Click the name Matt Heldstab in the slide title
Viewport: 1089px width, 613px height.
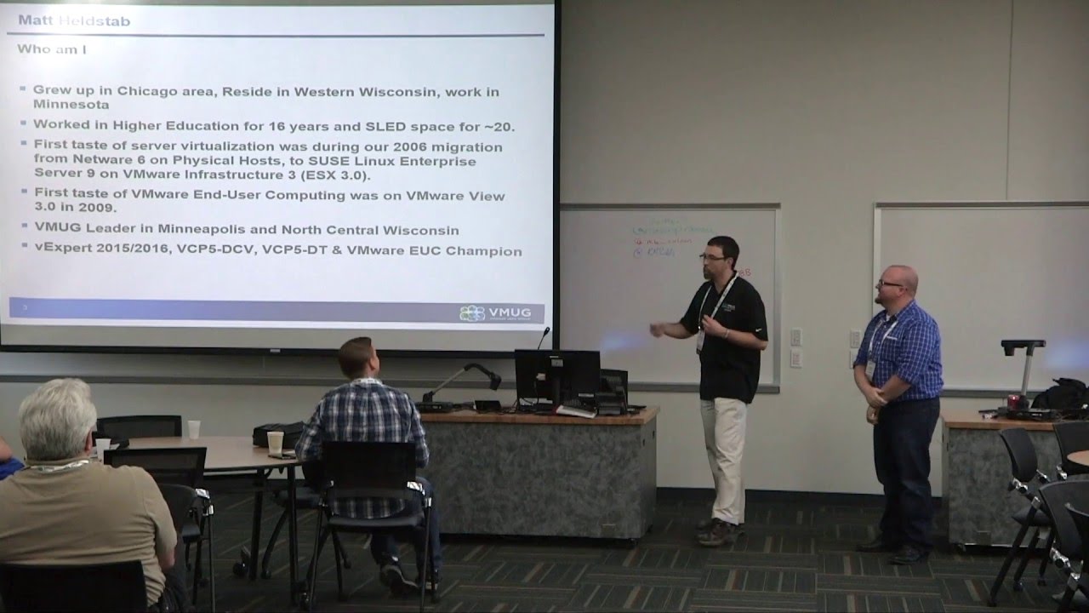pyautogui.click(x=74, y=20)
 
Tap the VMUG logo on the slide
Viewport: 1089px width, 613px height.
pyautogui.click(x=495, y=312)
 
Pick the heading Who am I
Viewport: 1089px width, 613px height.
pyautogui.click(x=52, y=49)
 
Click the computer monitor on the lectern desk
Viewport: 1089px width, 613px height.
pyautogui.click(x=556, y=374)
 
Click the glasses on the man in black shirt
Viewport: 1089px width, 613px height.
pyautogui.click(x=712, y=255)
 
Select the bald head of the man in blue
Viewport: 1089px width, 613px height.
pyautogui.click(x=898, y=277)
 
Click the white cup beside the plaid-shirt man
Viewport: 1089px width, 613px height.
pyautogui.click(x=275, y=442)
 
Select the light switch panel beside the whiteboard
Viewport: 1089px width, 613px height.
pyautogui.click(x=795, y=347)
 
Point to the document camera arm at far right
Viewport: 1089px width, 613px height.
pyautogui.click(x=1023, y=362)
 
